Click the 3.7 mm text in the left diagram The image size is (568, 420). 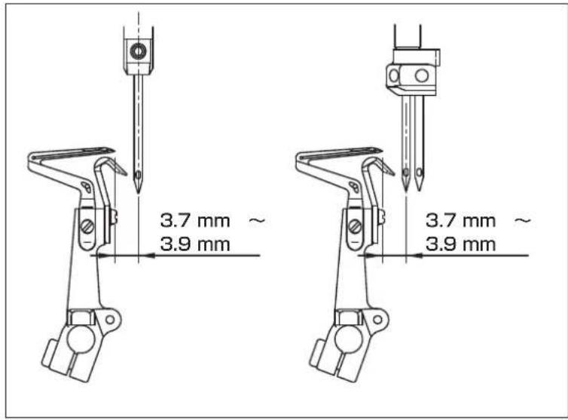pos(195,220)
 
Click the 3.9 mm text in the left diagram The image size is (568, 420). pos(195,244)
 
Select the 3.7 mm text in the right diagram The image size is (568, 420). pos(460,220)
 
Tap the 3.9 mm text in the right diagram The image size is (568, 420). pos(460,244)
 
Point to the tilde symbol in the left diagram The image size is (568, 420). pos(257,220)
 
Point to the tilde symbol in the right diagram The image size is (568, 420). pos(523,220)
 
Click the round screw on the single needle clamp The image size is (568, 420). pos(138,51)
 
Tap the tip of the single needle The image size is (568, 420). pos(138,193)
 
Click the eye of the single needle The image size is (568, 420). pos(138,175)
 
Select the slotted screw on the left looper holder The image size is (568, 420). pos(87,227)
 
